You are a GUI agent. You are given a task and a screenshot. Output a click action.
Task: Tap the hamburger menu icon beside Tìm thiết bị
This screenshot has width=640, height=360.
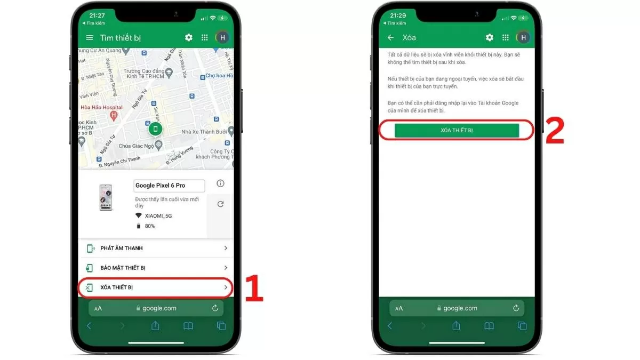(x=90, y=38)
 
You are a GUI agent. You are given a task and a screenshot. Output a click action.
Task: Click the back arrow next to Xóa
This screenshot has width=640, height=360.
(x=390, y=38)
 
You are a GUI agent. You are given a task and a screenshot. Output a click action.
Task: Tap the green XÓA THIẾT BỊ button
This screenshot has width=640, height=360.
(x=457, y=131)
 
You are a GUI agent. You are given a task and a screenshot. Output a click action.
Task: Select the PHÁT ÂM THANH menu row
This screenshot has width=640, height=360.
(x=156, y=248)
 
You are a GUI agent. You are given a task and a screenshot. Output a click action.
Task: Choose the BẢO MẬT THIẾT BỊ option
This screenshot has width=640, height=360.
(x=156, y=268)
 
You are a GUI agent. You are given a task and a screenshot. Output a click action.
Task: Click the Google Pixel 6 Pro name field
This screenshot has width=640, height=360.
(x=169, y=186)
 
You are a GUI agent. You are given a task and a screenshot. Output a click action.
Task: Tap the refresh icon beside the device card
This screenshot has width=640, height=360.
(x=220, y=204)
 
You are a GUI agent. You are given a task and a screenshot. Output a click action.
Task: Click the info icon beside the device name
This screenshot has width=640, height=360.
(x=220, y=183)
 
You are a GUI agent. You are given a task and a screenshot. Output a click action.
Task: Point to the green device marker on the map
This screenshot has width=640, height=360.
(x=156, y=129)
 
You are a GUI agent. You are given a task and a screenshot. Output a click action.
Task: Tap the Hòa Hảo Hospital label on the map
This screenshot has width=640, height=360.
(x=101, y=108)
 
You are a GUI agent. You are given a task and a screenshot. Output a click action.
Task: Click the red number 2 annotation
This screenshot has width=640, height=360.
(x=555, y=132)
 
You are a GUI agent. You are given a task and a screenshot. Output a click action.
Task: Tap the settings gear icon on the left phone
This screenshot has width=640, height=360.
(x=188, y=37)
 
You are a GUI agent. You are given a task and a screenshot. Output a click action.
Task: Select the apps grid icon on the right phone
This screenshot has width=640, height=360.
(x=505, y=37)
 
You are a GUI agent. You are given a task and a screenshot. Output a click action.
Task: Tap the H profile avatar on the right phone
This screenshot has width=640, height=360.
(x=523, y=37)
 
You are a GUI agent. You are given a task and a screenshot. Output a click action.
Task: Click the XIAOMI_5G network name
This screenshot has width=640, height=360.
(x=158, y=215)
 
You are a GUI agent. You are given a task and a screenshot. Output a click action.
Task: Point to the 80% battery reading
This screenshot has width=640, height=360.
(x=150, y=226)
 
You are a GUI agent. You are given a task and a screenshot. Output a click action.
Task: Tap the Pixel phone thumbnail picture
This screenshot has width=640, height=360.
(x=106, y=197)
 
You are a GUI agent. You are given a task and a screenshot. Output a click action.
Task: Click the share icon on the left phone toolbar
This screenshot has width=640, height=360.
(x=155, y=326)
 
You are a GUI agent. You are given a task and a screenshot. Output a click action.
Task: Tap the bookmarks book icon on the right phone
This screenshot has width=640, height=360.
(x=489, y=326)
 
